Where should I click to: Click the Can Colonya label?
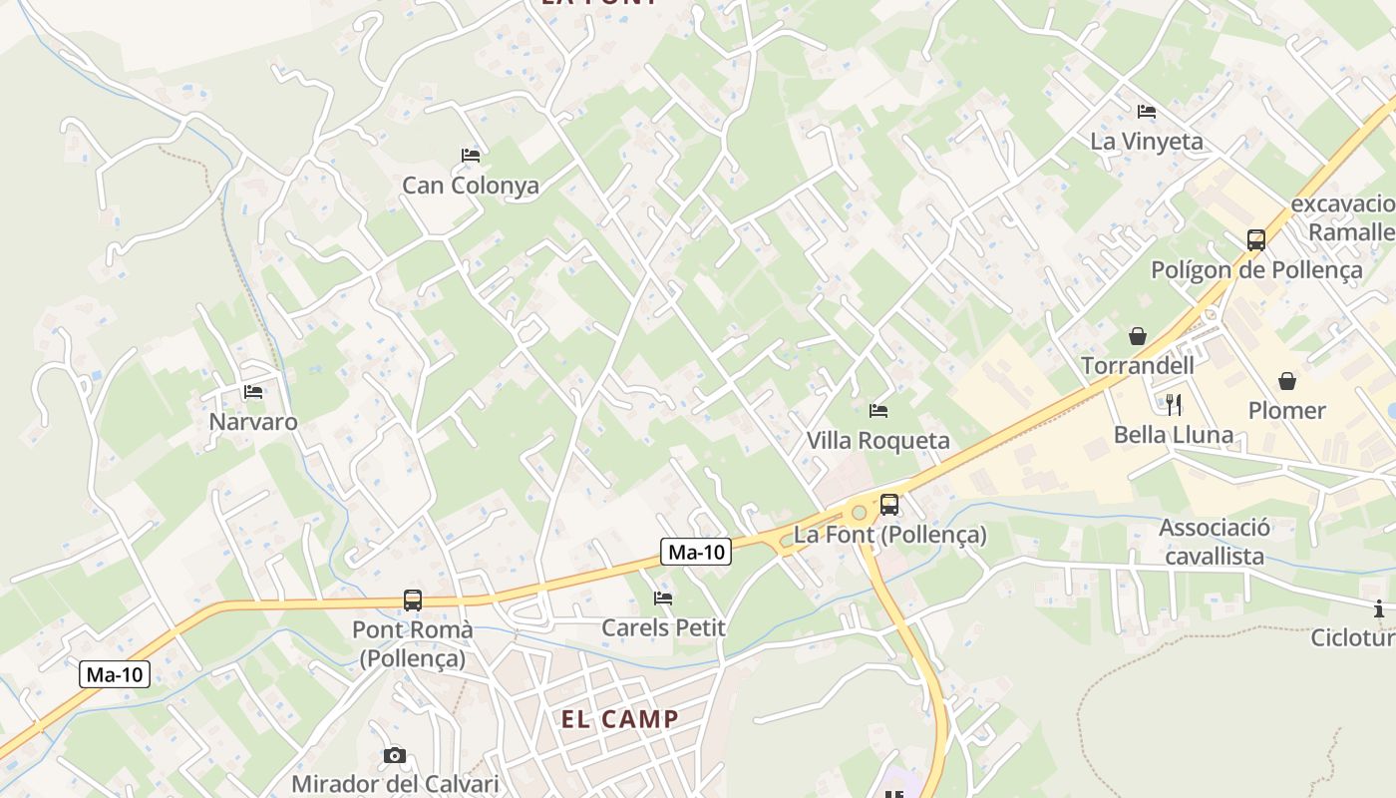tap(471, 186)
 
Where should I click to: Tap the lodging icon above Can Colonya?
tap(471, 156)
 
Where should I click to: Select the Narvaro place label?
tap(253, 422)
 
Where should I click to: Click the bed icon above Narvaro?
tap(253, 392)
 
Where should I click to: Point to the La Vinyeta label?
tap(1147, 142)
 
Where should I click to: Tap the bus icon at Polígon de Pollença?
tap(1256, 240)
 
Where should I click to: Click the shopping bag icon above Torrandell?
tap(1138, 336)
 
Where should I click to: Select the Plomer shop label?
tap(1287, 410)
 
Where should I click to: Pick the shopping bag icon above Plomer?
tap(1287, 381)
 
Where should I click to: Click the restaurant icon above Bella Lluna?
tap(1174, 404)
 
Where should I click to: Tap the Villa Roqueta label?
tap(878, 441)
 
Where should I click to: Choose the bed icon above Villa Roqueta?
tap(878, 410)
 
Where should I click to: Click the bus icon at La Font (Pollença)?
tap(889, 505)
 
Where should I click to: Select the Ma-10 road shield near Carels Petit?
tap(696, 552)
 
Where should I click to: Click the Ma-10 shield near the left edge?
tap(115, 675)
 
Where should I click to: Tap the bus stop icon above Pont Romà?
tap(413, 600)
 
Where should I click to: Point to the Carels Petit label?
tap(663, 628)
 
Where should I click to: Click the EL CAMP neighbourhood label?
tap(619, 719)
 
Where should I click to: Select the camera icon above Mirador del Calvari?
tap(395, 755)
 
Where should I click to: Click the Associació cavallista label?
tap(1215, 542)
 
